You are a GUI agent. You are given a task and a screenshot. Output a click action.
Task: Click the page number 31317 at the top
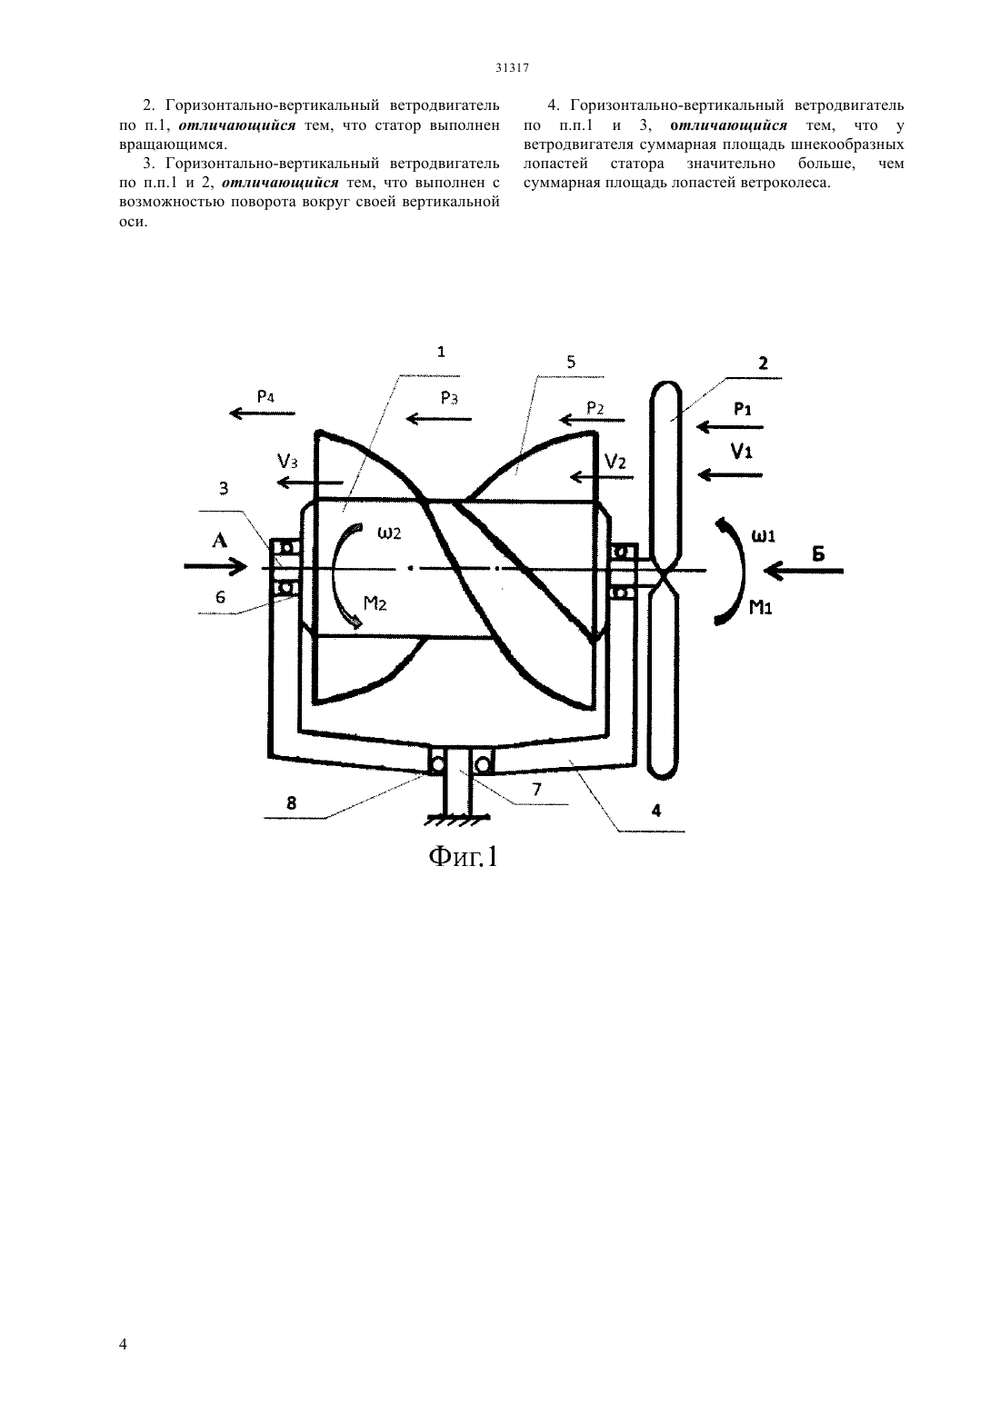(x=512, y=69)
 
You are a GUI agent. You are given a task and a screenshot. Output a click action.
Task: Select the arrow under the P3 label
(x=439, y=418)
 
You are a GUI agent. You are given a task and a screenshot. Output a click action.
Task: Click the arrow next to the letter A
(x=215, y=566)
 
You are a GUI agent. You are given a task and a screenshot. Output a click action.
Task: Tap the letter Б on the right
(x=817, y=553)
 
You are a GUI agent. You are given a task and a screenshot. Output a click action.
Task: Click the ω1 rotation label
(x=763, y=536)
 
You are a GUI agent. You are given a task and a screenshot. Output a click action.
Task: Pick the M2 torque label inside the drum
(x=375, y=603)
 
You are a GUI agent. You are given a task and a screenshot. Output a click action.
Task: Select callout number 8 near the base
(x=291, y=803)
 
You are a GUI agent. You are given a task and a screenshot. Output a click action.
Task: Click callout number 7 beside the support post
(x=536, y=789)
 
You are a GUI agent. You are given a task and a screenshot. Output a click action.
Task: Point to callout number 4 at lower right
(x=656, y=811)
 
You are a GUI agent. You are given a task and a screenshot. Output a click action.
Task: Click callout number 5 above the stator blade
(x=571, y=362)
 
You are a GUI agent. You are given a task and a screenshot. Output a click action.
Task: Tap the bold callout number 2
(x=764, y=363)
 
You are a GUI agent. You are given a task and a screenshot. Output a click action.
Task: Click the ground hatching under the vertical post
(x=458, y=821)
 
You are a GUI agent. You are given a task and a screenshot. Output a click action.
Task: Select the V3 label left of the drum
(x=287, y=462)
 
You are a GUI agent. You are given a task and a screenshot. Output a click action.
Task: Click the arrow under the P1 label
(x=730, y=427)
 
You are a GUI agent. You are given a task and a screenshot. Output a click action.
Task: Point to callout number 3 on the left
(x=224, y=489)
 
